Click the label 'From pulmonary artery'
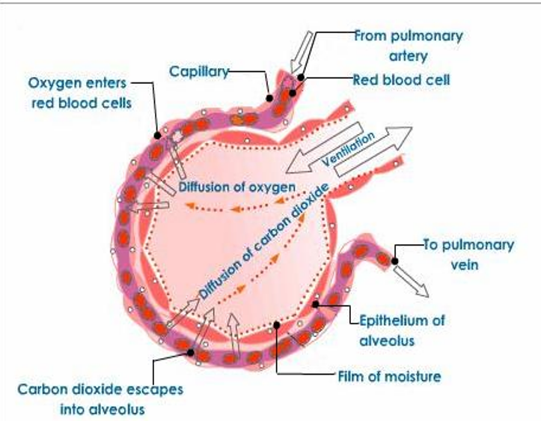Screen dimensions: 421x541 tap(408, 45)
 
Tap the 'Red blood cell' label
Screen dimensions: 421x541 tap(401, 79)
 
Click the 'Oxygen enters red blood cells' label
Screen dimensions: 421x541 tap(81, 91)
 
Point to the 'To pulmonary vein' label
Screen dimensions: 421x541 tap(469, 254)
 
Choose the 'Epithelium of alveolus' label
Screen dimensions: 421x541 tap(402, 330)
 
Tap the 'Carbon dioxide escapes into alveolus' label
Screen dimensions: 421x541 tap(100, 399)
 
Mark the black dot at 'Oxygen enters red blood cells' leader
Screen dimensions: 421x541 tap(157, 136)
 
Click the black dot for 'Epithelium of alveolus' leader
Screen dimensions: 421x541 tap(317, 305)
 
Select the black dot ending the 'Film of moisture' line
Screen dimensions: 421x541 tap(277, 325)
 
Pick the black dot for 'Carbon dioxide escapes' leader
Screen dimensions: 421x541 tap(192, 352)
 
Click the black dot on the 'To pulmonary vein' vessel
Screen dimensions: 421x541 tap(394, 261)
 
